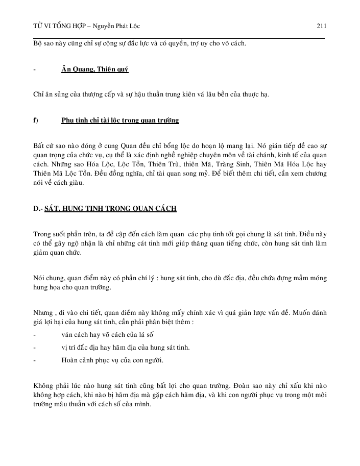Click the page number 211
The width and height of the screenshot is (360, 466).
pyautogui.click(x=321, y=26)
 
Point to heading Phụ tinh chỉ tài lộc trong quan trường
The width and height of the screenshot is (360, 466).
pyautogui.click(x=120, y=120)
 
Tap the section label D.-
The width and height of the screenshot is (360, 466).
pyautogui.click(x=38, y=209)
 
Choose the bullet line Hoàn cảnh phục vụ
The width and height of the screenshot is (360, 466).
pyautogui.click(x=112, y=361)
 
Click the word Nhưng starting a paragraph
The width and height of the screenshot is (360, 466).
pyautogui.click(x=43, y=312)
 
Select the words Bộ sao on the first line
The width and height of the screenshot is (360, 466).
pyautogui.click(x=43, y=43)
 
